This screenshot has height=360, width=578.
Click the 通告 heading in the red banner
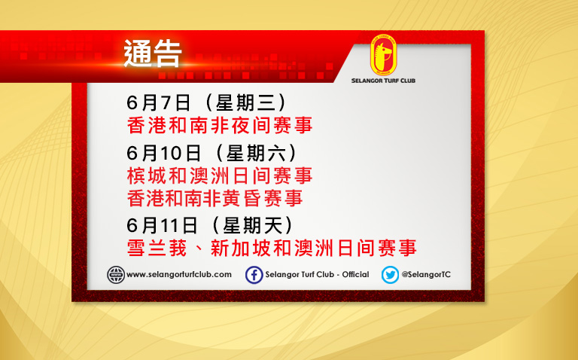click(x=152, y=54)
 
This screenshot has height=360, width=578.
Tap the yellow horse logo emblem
click(x=383, y=55)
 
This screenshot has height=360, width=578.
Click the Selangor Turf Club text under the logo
click(x=383, y=81)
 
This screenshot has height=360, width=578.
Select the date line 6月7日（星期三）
click(x=206, y=102)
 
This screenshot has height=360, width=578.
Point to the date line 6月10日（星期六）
click(x=211, y=153)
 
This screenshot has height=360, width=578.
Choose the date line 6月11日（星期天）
click(x=210, y=225)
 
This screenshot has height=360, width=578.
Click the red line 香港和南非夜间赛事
click(x=220, y=125)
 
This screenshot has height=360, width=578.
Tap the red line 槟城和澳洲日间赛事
click(x=220, y=175)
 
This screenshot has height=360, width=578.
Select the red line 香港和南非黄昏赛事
click(x=215, y=198)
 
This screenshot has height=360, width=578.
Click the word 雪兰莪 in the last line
click(x=157, y=248)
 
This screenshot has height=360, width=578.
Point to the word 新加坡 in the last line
click(x=241, y=248)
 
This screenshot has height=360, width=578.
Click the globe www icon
click(x=116, y=275)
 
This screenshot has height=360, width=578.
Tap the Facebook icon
click(x=254, y=275)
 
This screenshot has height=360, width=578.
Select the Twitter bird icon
click(x=390, y=275)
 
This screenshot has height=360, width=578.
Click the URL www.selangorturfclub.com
click(x=179, y=275)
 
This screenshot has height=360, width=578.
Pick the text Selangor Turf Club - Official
click(x=317, y=275)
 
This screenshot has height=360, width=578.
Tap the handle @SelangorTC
click(x=426, y=275)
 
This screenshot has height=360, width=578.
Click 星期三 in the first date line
click(x=246, y=102)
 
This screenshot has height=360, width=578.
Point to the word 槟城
click(x=146, y=175)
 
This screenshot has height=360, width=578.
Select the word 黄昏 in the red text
click(x=253, y=198)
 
